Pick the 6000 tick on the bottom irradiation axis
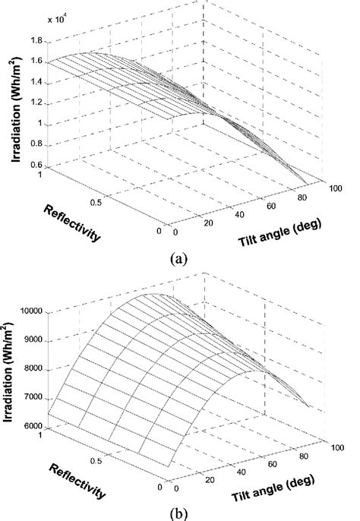[33, 426]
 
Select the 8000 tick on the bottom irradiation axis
[33, 369]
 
